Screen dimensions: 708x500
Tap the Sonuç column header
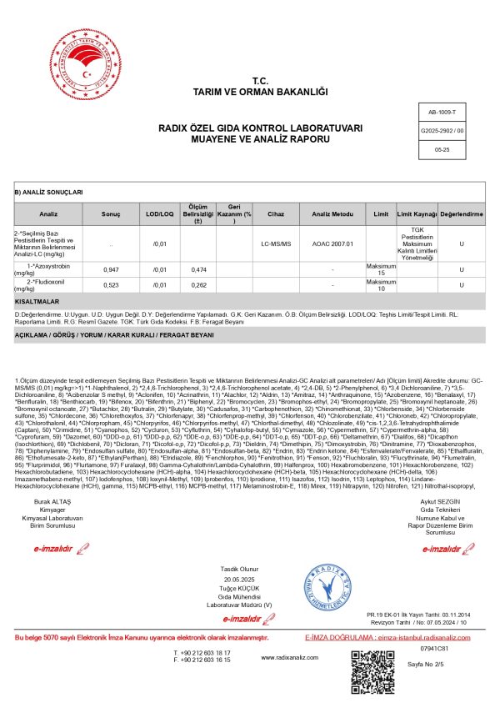pyautogui.click(x=111, y=214)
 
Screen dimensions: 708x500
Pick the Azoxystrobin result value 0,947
pyautogui.click(x=111, y=270)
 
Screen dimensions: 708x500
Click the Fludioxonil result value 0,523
pyautogui.click(x=111, y=284)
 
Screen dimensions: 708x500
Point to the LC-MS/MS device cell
pyautogui.click(x=276, y=243)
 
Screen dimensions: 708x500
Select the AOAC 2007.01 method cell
pyautogui.click(x=333, y=243)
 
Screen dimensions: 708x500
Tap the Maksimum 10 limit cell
pyautogui.click(x=382, y=284)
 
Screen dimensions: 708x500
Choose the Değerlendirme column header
pyautogui.click(x=462, y=214)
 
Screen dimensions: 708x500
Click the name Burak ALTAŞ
pyautogui.click(x=47, y=503)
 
